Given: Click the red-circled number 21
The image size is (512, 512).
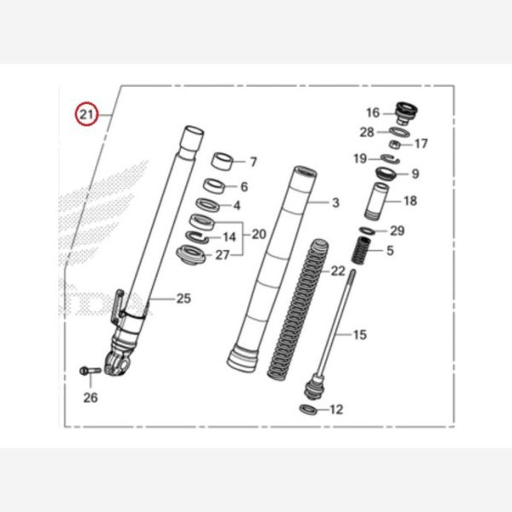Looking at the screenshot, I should [x=86, y=113].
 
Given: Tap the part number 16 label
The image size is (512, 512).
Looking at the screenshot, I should [x=373, y=113].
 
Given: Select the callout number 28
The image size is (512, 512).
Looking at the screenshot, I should [x=367, y=131].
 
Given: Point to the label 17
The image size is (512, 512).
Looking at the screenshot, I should [x=421, y=143].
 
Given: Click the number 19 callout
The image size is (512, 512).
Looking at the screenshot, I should [x=360, y=159].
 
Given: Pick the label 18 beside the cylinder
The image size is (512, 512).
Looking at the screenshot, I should [x=410, y=201].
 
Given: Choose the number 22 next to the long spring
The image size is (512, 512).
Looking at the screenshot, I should [x=338, y=271].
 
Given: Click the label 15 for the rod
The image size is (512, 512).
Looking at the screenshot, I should [x=359, y=335].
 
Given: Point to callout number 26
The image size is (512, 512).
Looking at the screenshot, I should [x=90, y=398].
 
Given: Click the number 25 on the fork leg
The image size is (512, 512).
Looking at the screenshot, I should [x=183, y=298].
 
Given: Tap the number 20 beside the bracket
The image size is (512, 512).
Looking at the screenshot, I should [x=259, y=233].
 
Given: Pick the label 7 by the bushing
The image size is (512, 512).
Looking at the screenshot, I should [x=253, y=160].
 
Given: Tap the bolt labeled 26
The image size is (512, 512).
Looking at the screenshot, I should [x=89, y=370].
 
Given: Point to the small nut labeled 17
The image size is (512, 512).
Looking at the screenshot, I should [x=398, y=144].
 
